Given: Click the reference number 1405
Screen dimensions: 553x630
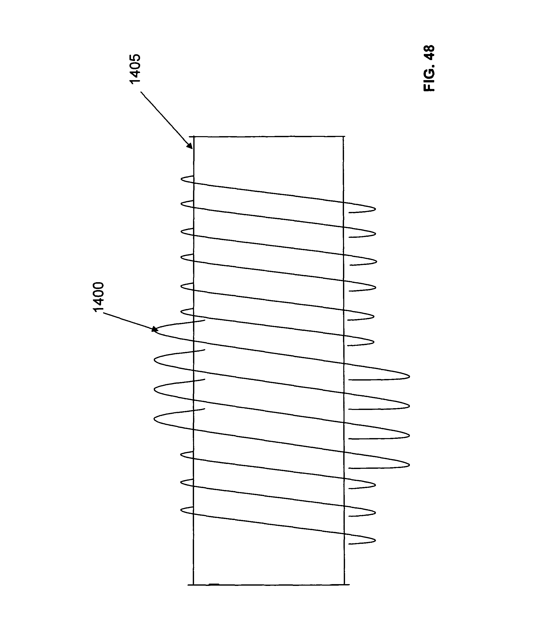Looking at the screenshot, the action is (135, 69).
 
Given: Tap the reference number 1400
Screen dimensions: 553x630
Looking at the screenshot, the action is (99, 297).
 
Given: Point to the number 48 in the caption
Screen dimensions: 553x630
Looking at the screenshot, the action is (429, 52).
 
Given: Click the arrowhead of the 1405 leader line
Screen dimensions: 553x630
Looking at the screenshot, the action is (190, 145).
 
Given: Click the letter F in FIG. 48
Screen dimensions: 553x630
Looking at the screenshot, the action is (429, 88).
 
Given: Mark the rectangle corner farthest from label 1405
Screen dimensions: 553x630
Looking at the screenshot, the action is (344, 585).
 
